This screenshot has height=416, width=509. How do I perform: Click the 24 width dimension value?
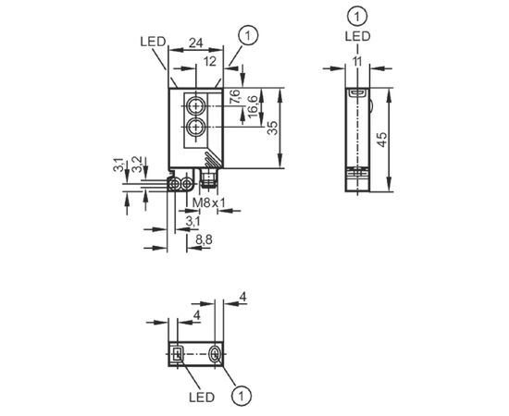(196, 43)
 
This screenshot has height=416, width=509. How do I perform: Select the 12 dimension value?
(210, 61)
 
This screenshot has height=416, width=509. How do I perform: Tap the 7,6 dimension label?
(234, 96)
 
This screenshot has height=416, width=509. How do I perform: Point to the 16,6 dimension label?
(253, 106)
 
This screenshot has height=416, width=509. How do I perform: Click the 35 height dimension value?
(273, 128)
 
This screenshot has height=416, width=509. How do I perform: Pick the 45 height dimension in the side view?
(382, 140)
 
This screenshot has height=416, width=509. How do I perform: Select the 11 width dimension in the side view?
(357, 61)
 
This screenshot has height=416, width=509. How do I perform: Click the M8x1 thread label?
(209, 203)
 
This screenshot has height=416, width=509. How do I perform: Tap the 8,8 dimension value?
(204, 240)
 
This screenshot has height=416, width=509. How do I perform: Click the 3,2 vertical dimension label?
(138, 164)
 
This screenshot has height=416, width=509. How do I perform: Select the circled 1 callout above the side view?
(357, 16)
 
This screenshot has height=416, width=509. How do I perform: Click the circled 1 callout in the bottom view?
(242, 396)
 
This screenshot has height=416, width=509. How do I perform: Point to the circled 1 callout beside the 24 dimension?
(248, 36)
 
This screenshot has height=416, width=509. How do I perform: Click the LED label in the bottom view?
(202, 398)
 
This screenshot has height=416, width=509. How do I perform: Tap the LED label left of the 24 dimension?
(153, 42)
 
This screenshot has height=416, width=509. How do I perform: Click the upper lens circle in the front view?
(196, 105)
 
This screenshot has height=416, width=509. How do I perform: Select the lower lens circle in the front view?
(196, 128)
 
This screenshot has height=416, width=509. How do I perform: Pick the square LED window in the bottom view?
(178, 354)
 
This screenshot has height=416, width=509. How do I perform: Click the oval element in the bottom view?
(215, 354)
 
